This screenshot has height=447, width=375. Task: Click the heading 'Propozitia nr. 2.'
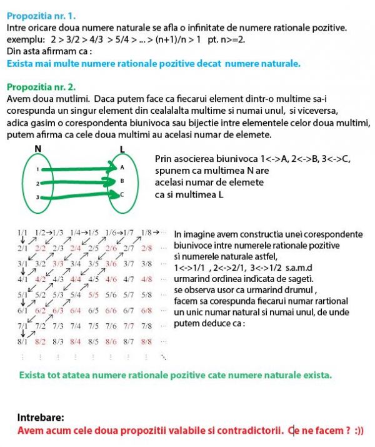coord(42,86)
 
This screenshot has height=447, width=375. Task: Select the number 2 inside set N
coord(37,184)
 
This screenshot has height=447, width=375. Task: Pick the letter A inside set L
coord(122,168)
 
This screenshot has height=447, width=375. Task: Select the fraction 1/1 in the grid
coord(23,233)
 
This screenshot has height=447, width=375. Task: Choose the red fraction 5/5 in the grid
coord(94,294)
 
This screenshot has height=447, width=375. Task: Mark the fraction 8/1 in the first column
coord(23,341)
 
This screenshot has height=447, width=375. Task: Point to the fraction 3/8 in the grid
coord(147,264)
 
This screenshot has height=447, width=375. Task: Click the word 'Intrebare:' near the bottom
coord(41,417)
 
